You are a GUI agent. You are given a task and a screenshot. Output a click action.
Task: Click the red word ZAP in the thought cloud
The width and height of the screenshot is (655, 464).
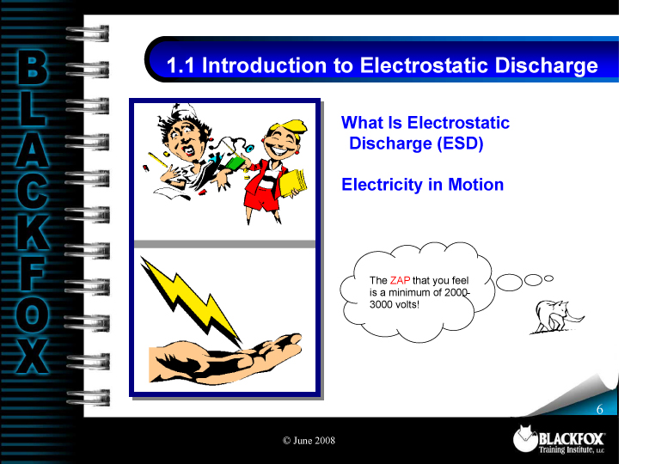[x=401, y=280]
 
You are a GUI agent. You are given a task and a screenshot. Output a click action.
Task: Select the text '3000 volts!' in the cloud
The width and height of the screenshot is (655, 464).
[x=394, y=305]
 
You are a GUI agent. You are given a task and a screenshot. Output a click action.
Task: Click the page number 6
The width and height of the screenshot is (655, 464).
[x=600, y=409]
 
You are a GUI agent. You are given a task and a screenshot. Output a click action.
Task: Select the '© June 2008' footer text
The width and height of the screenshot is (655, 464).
[x=309, y=441]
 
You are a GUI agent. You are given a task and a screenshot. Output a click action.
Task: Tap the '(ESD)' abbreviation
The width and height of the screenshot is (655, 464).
[x=459, y=143]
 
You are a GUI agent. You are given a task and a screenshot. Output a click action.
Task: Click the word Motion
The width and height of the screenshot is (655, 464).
[x=475, y=185]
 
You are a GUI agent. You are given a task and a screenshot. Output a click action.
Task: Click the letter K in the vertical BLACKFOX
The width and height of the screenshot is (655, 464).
[x=33, y=225]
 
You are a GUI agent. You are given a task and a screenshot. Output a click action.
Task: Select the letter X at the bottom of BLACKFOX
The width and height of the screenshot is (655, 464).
[x=33, y=354]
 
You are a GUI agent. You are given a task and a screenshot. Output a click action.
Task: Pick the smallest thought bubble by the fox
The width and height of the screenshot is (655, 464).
[x=548, y=278]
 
